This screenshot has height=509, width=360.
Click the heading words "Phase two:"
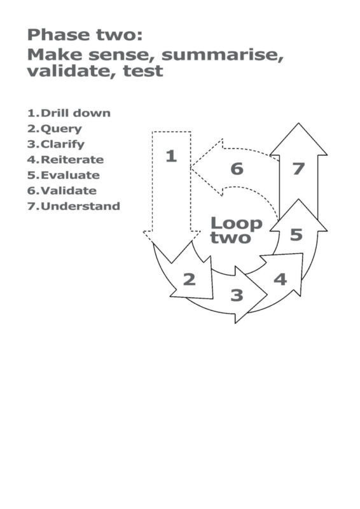click(85, 35)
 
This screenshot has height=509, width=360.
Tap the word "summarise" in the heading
click(223, 54)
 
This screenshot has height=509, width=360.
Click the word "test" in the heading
click(143, 71)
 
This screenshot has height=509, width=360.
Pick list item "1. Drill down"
click(69, 113)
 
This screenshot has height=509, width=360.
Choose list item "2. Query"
click(55, 129)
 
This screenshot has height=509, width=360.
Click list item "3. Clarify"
click(56, 144)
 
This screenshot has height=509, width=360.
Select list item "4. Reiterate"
click(66, 160)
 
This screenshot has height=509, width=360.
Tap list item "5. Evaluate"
click(64, 176)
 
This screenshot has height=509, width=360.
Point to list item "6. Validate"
click(62, 190)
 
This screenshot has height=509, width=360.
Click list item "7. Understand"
click(74, 206)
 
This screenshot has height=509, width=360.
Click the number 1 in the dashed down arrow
click(171, 156)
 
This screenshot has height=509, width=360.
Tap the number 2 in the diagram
click(190, 279)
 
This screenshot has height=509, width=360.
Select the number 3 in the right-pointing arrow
click(237, 295)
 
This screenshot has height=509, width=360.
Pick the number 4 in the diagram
click(280, 279)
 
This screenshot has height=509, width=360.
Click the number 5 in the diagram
click(296, 235)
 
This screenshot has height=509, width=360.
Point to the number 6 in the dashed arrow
click(237, 169)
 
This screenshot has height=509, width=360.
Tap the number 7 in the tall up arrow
click(298, 169)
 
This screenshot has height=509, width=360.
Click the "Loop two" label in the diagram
click(236, 230)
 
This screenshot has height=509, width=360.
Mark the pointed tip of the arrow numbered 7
click(298, 123)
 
